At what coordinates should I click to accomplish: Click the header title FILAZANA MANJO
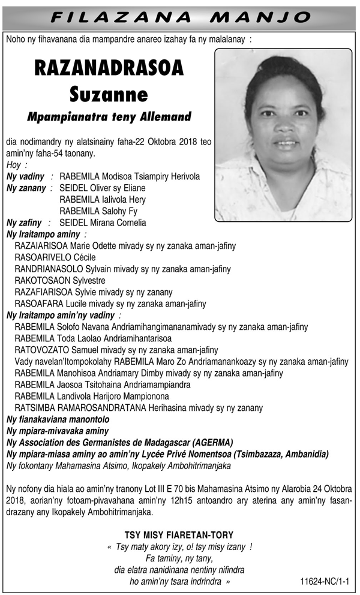(180, 16)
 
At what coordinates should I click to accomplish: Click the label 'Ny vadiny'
(26, 176)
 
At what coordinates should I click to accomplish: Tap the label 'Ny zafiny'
(24, 223)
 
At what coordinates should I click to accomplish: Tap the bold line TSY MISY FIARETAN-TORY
(179, 534)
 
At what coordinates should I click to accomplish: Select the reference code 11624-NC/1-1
(325, 581)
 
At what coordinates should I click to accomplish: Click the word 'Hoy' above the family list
(13, 165)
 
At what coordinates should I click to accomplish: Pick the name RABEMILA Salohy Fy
(98, 211)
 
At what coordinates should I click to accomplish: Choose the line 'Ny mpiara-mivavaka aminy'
(57, 431)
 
